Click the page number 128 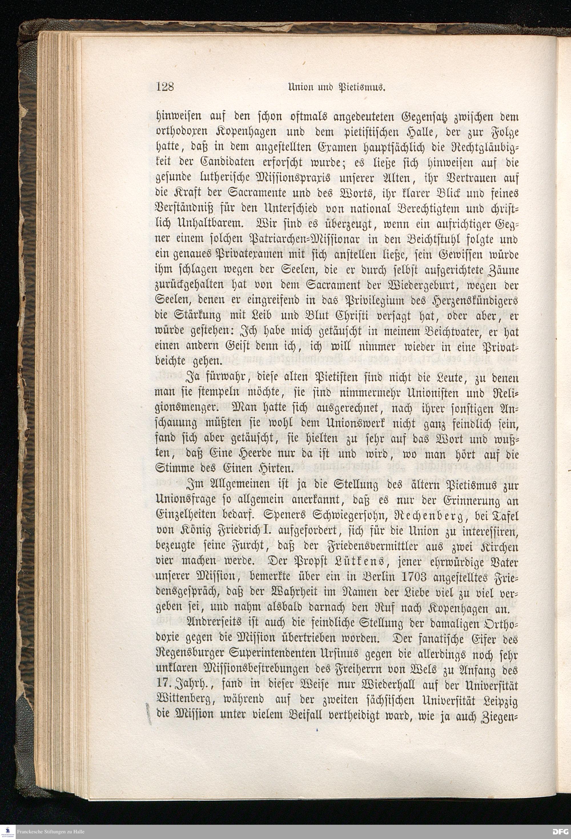(x=166, y=87)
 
